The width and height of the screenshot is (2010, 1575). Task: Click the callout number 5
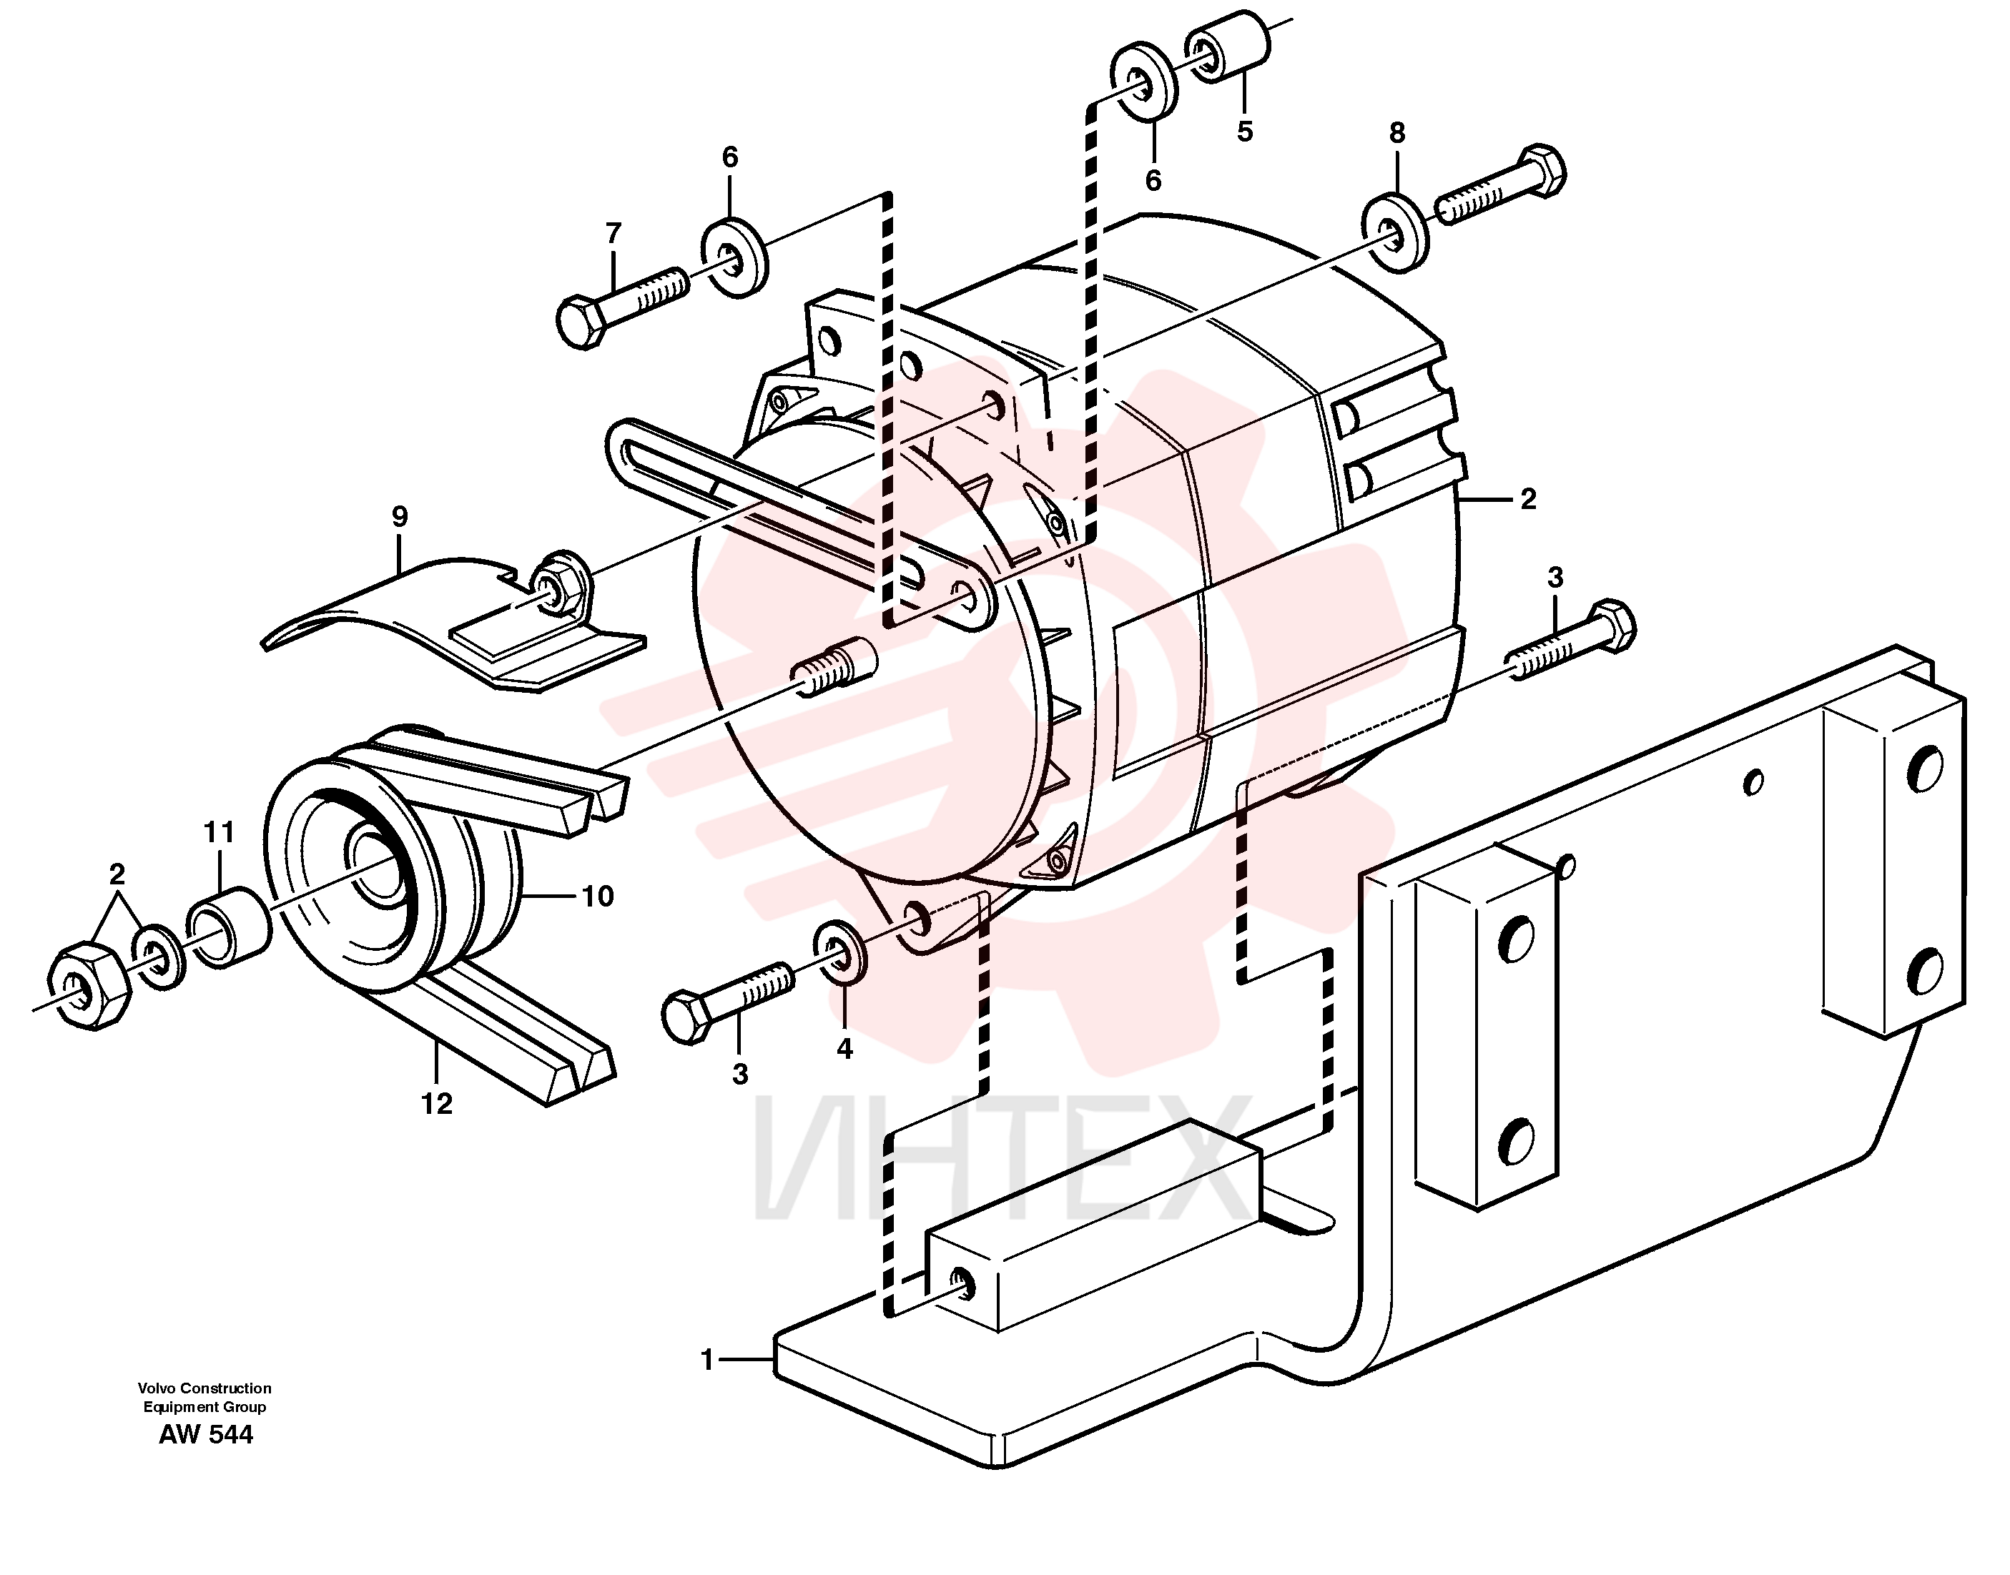pos(1245,132)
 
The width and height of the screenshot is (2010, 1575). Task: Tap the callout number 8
pos(1398,134)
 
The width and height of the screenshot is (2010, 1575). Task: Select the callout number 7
pos(614,234)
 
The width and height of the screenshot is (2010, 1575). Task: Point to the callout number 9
pos(399,516)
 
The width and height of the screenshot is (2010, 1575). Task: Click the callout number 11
pos(219,833)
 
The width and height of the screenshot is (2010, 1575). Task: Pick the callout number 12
pos(437,1103)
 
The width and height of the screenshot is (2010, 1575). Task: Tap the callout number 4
pos(844,1049)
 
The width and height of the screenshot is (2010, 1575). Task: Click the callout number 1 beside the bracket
pos(707,1360)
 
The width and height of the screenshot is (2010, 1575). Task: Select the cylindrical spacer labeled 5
pos(1227,46)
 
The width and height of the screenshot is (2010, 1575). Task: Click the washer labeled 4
pos(840,950)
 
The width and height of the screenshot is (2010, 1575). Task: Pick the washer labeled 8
pos(1396,233)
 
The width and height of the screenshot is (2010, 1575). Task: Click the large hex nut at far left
pos(86,986)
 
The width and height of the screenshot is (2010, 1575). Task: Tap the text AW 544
pos(206,1435)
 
